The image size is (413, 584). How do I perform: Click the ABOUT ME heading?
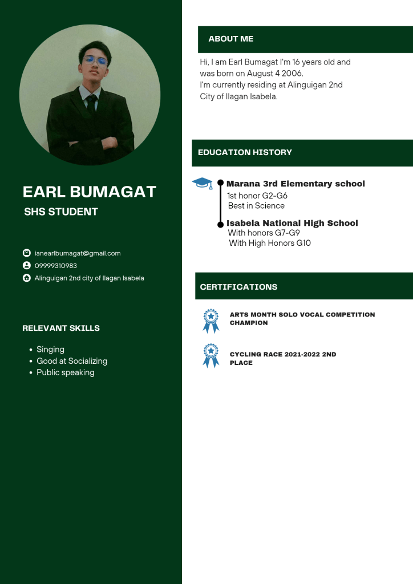pos(230,39)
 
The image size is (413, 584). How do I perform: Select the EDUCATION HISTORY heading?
pos(245,152)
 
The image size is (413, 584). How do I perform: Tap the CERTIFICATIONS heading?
pos(238,287)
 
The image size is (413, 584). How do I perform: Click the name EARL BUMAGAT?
pos(89,192)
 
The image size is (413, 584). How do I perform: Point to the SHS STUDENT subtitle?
pos(61,212)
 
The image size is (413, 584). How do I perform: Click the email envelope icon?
pos(26,253)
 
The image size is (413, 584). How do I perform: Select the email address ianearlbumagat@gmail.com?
pos(78,253)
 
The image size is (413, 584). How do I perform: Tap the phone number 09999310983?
pos(56,266)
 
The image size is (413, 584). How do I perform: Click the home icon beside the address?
pos(26,278)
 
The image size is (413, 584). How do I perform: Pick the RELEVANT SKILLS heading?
pos(61,328)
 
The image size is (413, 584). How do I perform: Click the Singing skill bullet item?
pos(50,349)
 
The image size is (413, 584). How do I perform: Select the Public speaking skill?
pos(65,372)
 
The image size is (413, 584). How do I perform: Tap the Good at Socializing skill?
pos(72,361)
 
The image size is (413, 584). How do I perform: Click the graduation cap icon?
pos(202,182)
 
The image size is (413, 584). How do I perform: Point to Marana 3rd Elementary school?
pos(295,184)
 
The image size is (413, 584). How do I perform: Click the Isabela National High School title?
pos(292,223)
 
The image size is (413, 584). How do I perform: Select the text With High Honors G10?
pos(270,243)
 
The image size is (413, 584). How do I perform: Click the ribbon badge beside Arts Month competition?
pos(211,321)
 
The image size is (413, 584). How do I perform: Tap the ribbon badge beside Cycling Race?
pos(211,355)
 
